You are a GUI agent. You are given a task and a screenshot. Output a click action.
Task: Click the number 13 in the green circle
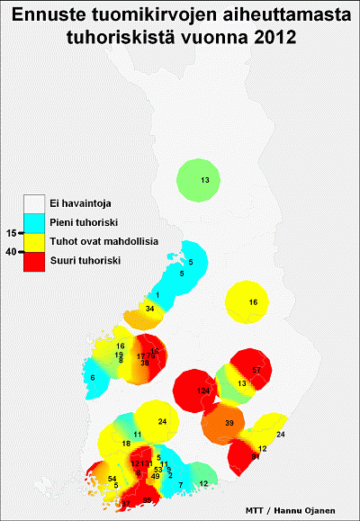[x=204, y=181]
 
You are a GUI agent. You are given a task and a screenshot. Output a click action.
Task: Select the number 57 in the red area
[x=256, y=371]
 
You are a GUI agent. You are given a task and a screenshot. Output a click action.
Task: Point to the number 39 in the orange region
[x=229, y=423]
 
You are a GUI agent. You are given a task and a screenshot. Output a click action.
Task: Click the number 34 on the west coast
[x=149, y=309]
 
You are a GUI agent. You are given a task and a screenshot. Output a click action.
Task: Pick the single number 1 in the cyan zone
[x=157, y=295]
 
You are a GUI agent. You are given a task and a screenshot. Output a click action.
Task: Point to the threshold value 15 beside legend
[x=12, y=232]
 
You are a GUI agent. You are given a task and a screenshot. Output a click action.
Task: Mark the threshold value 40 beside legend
[x=12, y=252]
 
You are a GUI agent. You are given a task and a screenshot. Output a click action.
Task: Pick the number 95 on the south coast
[x=148, y=499]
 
